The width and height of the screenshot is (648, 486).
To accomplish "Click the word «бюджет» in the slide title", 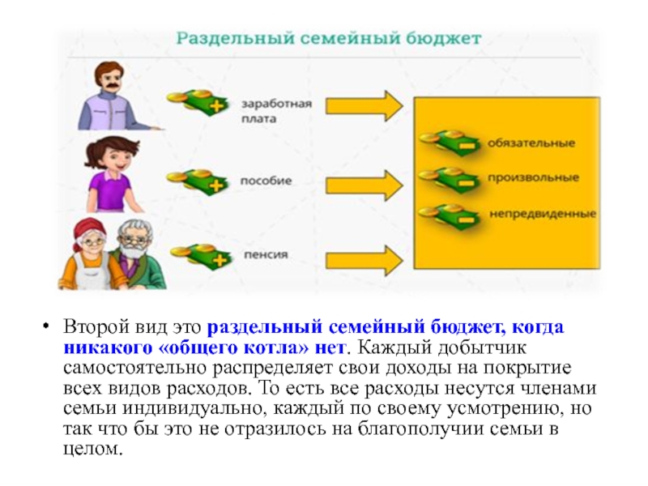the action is tap(447, 38).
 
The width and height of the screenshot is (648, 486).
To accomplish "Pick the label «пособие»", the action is tap(266, 180).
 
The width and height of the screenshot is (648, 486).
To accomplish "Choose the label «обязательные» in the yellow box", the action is tap(531, 143).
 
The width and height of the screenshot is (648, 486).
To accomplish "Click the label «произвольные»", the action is tap(533, 177).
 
